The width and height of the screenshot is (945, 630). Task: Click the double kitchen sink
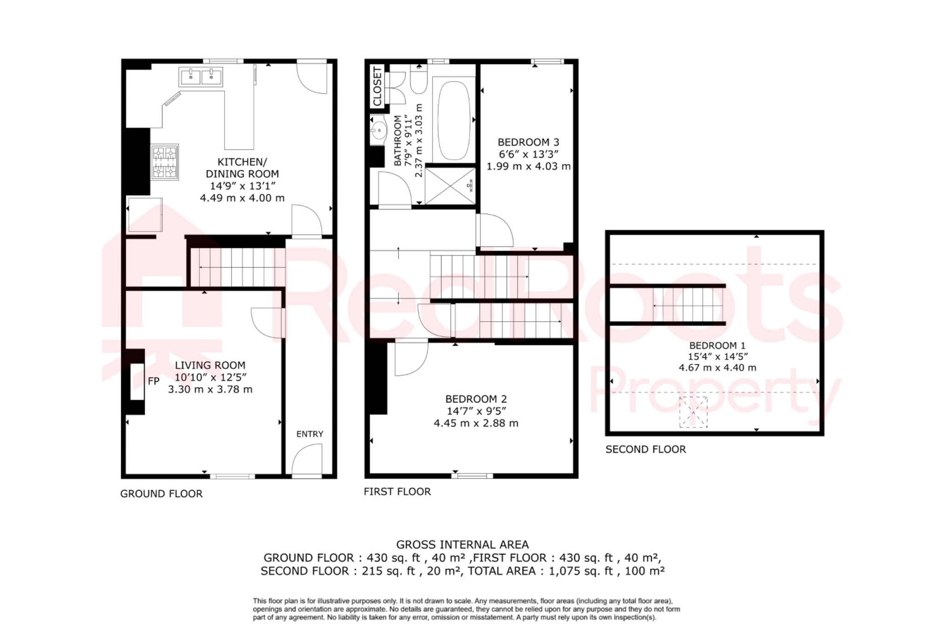point(201,77)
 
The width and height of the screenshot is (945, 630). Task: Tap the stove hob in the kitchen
point(165,162)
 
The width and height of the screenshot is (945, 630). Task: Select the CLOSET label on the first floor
point(377,87)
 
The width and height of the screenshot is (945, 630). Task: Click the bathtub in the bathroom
point(454,121)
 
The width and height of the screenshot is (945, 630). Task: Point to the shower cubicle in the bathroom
point(450,186)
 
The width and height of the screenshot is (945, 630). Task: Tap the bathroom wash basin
point(378,130)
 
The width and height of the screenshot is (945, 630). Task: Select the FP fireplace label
point(154,381)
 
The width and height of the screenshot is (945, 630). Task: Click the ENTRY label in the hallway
point(310,434)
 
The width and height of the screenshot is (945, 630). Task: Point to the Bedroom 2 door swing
point(411,358)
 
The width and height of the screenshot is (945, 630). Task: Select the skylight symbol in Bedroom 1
point(693,412)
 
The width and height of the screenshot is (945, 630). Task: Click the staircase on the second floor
point(688,305)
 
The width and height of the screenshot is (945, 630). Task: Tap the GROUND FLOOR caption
point(161,494)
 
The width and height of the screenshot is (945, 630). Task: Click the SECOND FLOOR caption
point(646,450)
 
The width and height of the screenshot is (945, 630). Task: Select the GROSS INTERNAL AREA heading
point(462,545)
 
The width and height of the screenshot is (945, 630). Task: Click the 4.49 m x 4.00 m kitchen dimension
point(242,198)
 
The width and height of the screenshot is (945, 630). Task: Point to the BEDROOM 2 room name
point(476,399)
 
